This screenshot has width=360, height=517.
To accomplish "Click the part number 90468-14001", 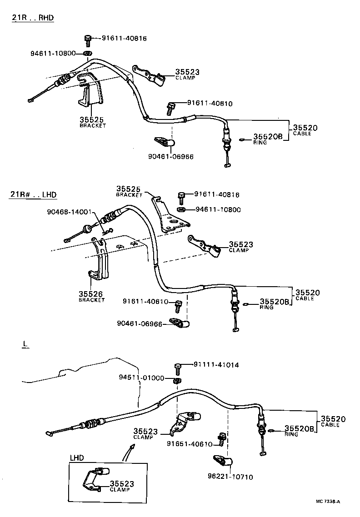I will point(70,212).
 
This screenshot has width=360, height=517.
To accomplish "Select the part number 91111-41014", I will point(216,365).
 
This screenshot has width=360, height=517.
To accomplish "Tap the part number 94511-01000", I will point(141,378).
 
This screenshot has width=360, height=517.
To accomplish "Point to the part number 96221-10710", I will point(230,477).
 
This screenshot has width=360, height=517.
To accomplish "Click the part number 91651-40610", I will point(190,444).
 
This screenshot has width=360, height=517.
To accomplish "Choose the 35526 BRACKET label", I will point(91,297).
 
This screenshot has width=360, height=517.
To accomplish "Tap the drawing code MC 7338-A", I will point(328,502).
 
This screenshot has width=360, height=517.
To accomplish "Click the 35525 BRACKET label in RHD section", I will point(92,122).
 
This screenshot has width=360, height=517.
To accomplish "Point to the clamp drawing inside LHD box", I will point(94,480).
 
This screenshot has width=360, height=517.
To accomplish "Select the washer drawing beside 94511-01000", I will point(178,380).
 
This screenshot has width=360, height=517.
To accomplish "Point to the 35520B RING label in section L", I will point(299,430).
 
